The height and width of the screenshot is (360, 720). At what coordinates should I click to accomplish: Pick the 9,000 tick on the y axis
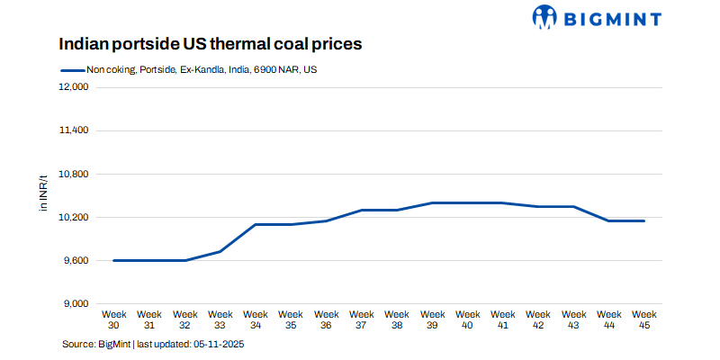75,303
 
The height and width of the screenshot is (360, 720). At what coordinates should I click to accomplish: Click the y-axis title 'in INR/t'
43,195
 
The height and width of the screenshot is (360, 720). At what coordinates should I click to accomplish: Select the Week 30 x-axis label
114,319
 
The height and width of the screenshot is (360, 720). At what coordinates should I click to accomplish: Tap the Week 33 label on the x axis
220,319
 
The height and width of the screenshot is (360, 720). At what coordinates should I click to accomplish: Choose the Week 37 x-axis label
362,319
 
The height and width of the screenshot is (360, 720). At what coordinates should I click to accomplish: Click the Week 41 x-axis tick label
503,319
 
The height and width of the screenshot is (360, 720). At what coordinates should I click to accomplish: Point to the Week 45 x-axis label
644,319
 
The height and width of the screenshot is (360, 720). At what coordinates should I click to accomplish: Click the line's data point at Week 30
114,260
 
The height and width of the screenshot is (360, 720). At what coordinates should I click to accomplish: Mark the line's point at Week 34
256,224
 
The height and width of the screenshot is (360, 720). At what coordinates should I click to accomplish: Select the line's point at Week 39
432,202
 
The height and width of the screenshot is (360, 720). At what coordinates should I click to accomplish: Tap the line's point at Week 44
609,220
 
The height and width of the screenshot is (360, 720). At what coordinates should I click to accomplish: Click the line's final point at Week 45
644,220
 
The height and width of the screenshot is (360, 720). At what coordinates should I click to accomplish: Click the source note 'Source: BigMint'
96,345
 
